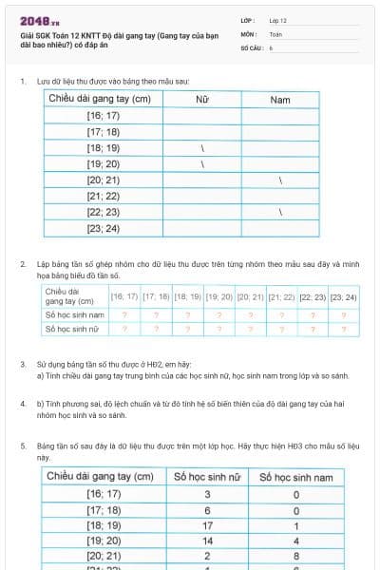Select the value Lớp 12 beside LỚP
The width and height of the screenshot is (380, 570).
click(278, 19)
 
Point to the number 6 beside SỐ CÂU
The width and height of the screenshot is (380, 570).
click(271, 47)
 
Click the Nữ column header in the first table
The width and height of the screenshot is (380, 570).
click(201, 99)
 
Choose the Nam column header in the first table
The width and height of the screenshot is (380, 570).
click(280, 99)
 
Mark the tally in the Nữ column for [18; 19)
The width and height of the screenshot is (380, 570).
click(202, 148)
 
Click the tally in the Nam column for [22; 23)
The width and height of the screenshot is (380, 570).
click(281, 213)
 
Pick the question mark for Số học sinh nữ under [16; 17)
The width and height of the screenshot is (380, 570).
click(124, 329)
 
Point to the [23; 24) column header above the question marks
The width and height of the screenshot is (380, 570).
click(343, 297)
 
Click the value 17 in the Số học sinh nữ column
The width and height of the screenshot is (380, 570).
click(207, 525)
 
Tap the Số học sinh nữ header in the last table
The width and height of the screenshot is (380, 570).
click(207, 476)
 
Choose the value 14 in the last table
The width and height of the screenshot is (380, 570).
click(207, 541)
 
